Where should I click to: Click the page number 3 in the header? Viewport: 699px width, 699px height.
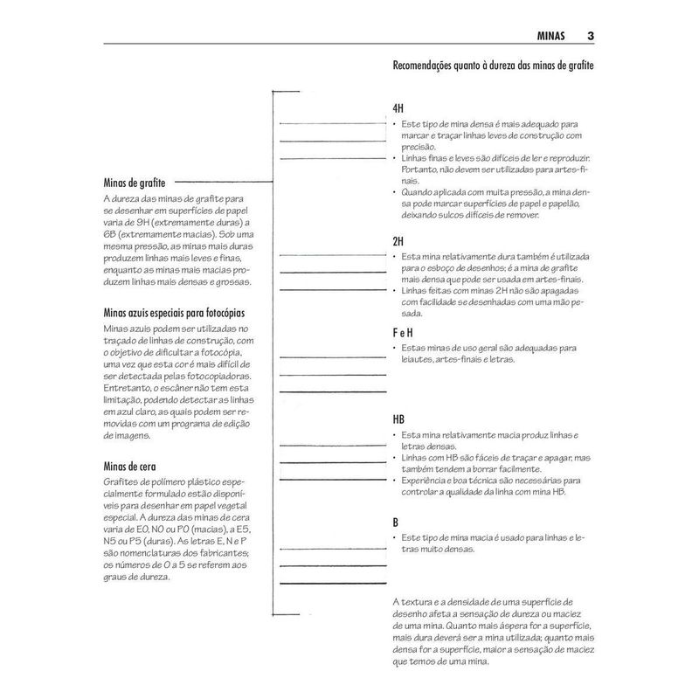[x=592, y=36]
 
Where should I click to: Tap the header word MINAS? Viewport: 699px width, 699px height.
[x=550, y=36]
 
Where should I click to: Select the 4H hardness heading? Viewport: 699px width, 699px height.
[x=398, y=108]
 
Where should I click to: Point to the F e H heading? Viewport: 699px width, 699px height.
[x=404, y=333]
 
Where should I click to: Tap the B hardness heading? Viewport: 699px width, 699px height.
[x=396, y=522]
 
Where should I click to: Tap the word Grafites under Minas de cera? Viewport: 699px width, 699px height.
[x=121, y=482]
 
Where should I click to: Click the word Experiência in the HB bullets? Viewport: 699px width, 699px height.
[x=425, y=480]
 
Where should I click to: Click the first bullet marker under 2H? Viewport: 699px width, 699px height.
[x=395, y=256]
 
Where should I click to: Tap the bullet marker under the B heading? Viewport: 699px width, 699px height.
[x=395, y=536]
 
